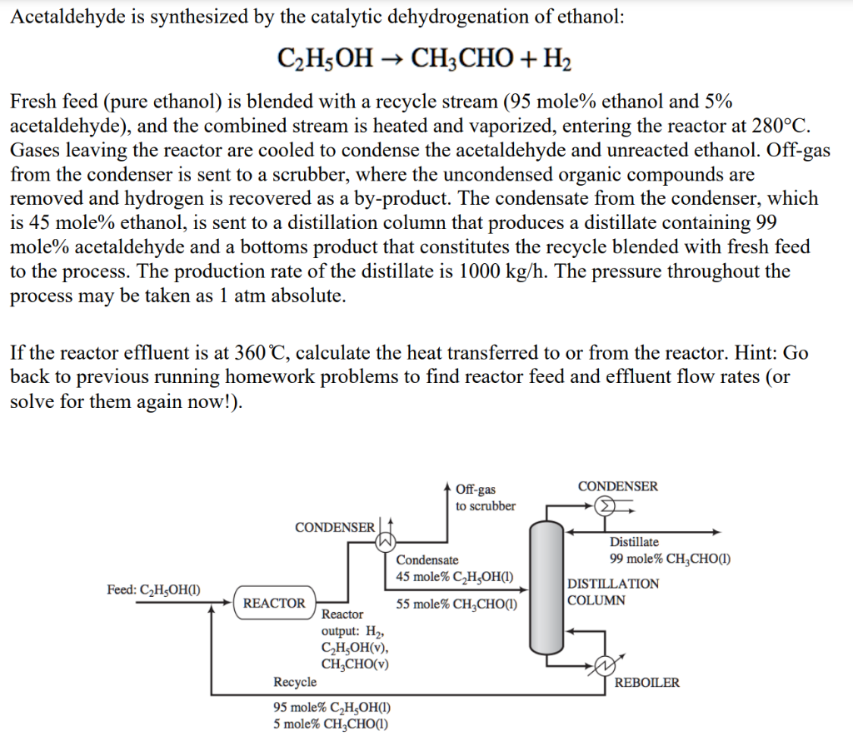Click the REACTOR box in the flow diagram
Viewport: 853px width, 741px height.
[x=274, y=603]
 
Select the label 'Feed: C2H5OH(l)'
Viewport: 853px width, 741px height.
[x=157, y=589]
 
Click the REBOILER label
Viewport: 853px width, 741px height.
[x=646, y=683]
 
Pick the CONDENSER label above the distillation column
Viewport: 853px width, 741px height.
[x=617, y=486]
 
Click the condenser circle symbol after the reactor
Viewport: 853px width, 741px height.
[x=385, y=541]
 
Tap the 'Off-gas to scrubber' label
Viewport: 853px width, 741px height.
[x=486, y=498]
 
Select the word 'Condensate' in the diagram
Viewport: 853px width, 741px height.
[x=426, y=560]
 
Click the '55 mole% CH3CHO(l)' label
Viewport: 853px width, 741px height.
[x=456, y=604]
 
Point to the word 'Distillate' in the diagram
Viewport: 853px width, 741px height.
[x=634, y=542]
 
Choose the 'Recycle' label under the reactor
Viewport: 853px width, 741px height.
[x=295, y=682]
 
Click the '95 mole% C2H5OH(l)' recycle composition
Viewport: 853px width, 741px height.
[x=332, y=708]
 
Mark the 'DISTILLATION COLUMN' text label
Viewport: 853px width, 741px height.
[x=612, y=592]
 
